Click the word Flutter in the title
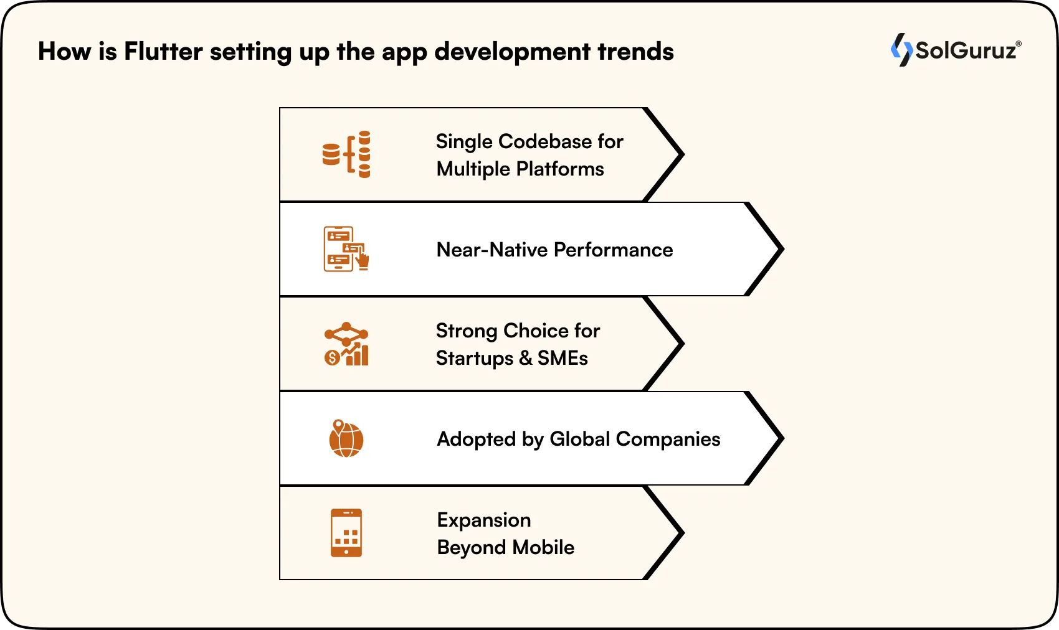tap(163, 52)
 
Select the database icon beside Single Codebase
tap(346, 154)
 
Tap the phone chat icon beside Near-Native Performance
tap(346, 249)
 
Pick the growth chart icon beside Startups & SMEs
tap(346, 344)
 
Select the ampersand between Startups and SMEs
tap(525, 359)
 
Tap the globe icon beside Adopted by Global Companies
tap(346, 438)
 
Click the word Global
tap(579, 440)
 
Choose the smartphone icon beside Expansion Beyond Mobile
tap(346, 533)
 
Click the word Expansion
tap(484, 520)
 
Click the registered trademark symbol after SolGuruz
tap(1019, 44)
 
